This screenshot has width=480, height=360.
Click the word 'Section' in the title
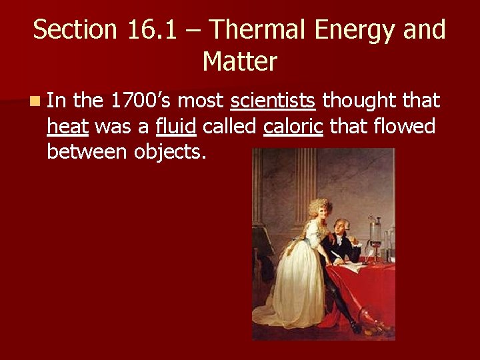click(x=72, y=30)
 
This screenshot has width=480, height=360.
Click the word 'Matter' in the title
click(x=239, y=62)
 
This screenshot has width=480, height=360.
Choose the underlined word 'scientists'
click(x=273, y=101)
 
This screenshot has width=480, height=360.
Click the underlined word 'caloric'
click(x=293, y=126)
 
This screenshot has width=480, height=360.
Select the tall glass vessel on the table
click(x=376, y=235)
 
